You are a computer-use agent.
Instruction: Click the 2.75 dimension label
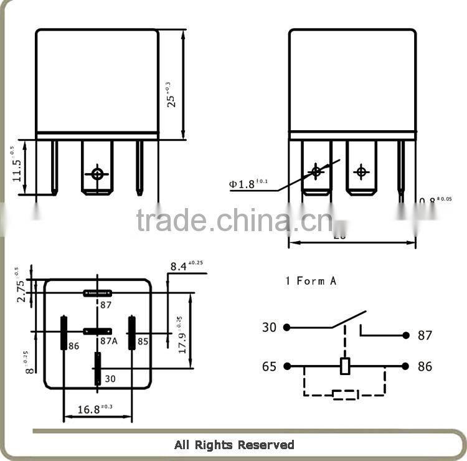21,290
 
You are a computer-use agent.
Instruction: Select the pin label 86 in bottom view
74,346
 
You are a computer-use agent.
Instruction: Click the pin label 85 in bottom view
143,341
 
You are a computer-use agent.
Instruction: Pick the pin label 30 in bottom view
110,378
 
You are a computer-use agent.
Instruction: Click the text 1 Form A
311,281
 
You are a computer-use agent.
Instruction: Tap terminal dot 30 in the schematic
286,327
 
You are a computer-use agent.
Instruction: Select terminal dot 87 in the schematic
405,335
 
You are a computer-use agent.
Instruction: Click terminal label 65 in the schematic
269,366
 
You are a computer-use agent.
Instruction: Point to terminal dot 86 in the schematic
405,366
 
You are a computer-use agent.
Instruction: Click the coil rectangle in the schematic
345,366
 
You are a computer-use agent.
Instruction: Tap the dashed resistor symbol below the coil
345,394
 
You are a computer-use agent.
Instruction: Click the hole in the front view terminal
97,174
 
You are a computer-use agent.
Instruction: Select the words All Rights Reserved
234,445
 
